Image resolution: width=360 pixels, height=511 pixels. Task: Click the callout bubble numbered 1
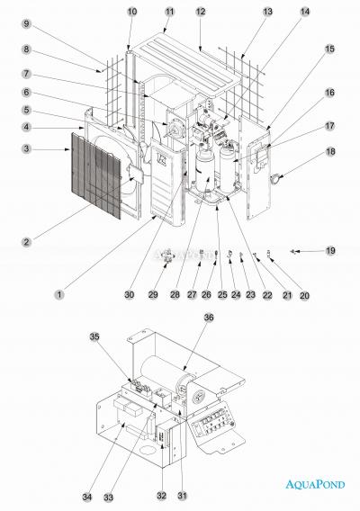59,293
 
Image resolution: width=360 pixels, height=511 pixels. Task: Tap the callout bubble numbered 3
28,148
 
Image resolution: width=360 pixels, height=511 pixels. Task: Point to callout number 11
169,12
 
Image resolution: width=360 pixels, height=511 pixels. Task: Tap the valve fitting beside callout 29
167,256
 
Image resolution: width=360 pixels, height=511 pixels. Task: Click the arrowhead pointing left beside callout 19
292,249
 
